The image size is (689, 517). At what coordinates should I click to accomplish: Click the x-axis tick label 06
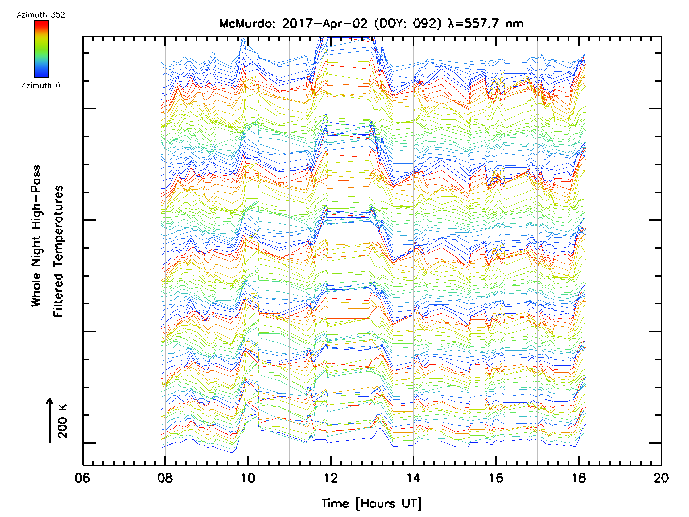(82, 478)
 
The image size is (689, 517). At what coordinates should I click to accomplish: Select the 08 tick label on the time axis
(165, 478)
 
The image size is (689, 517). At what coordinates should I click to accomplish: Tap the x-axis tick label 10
(248, 478)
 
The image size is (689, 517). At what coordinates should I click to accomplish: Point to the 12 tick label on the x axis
(330, 478)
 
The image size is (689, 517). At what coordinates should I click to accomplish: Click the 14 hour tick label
(413, 478)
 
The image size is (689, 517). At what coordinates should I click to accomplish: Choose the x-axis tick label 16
(496, 478)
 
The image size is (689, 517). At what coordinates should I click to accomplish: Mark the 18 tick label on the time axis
(579, 478)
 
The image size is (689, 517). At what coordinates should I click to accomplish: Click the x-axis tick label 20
(661, 478)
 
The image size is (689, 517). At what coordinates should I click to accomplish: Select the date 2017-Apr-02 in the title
(325, 24)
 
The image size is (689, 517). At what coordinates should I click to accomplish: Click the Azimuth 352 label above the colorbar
(41, 15)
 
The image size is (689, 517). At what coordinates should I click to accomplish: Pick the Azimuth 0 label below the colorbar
(41, 85)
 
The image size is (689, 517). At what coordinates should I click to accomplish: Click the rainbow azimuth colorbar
(41, 49)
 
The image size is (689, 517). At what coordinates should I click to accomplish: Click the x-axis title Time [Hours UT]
(371, 504)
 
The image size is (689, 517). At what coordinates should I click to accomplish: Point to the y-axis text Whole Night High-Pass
(36, 236)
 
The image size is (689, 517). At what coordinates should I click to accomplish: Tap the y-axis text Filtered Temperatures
(58, 251)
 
